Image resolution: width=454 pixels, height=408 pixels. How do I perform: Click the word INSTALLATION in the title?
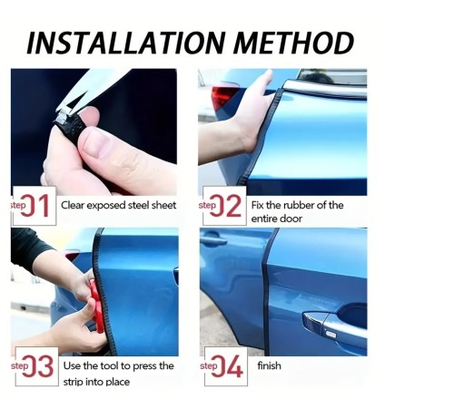126,43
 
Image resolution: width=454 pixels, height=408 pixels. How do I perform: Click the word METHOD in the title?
294,43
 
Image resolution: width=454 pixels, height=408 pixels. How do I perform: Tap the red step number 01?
35,206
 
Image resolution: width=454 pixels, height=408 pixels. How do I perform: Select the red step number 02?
225,206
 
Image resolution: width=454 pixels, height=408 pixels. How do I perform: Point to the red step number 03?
38,366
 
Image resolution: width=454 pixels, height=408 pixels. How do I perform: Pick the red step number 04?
227,366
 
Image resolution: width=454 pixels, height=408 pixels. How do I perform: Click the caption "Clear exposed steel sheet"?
118,206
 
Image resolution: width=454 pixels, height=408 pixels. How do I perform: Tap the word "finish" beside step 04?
269,365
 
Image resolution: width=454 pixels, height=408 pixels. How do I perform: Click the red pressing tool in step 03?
97,306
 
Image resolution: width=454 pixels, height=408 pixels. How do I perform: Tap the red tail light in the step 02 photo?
223,96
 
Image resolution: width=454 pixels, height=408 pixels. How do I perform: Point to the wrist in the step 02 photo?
242,138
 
